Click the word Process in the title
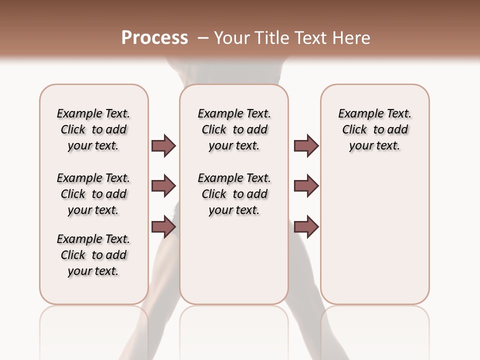coord(154,37)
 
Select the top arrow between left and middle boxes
coord(163,145)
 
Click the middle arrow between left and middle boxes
coord(163,186)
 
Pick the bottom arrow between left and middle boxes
coord(163,227)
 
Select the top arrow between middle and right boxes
coord(306,145)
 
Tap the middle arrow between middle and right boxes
coord(306,186)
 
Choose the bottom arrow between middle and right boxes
coord(306,227)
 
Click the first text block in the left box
coord(93,129)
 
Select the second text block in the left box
coord(93,194)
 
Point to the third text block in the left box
coord(93,255)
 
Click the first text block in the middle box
coord(234,129)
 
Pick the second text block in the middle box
coord(234,194)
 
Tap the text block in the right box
coord(374,129)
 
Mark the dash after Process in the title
coord(203,37)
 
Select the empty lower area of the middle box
coord(234,260)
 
